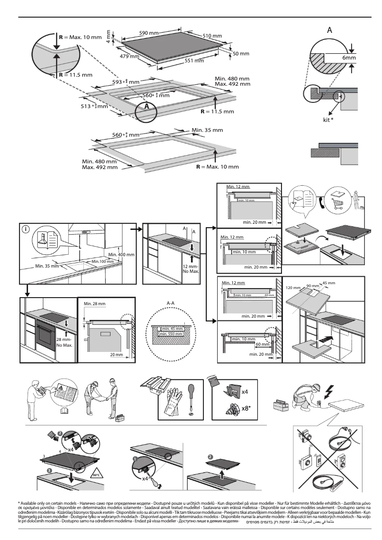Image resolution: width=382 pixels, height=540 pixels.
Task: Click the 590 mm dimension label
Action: coord(149,33)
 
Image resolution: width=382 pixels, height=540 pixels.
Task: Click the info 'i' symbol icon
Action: coord(26,229)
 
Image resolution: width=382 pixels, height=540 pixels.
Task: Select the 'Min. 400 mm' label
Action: coord(121,255)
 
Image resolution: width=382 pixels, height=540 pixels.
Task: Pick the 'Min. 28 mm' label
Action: coord(94,303)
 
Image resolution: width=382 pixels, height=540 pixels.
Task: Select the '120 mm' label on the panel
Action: coord(294,288)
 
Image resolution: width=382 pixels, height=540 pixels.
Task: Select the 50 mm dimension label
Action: coord(241,53)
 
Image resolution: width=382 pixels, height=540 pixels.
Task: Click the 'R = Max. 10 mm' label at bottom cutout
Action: coord(217,167)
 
